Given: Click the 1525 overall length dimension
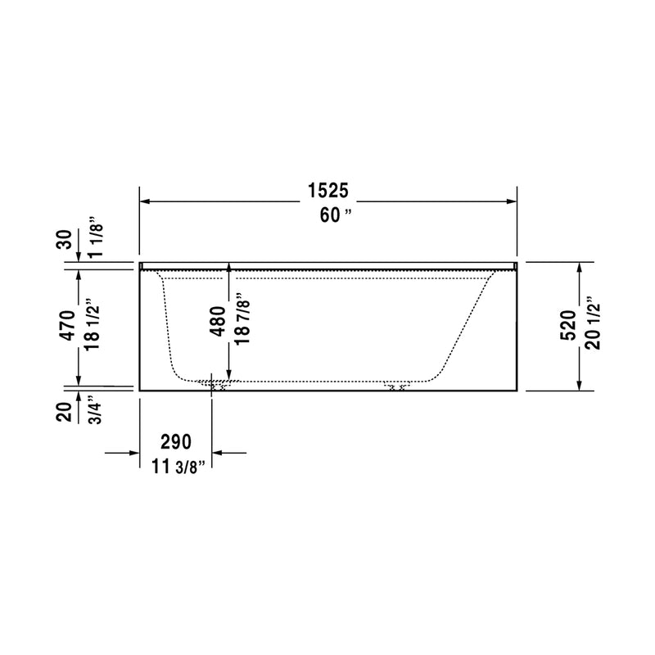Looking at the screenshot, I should [x=328, y=192].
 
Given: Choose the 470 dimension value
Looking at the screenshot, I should [x=68, y=325].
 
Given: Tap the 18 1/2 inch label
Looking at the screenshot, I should [x=92, y=325].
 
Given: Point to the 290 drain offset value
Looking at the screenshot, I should [x=175, y=442].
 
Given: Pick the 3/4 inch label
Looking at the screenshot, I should [x=93, y=409].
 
